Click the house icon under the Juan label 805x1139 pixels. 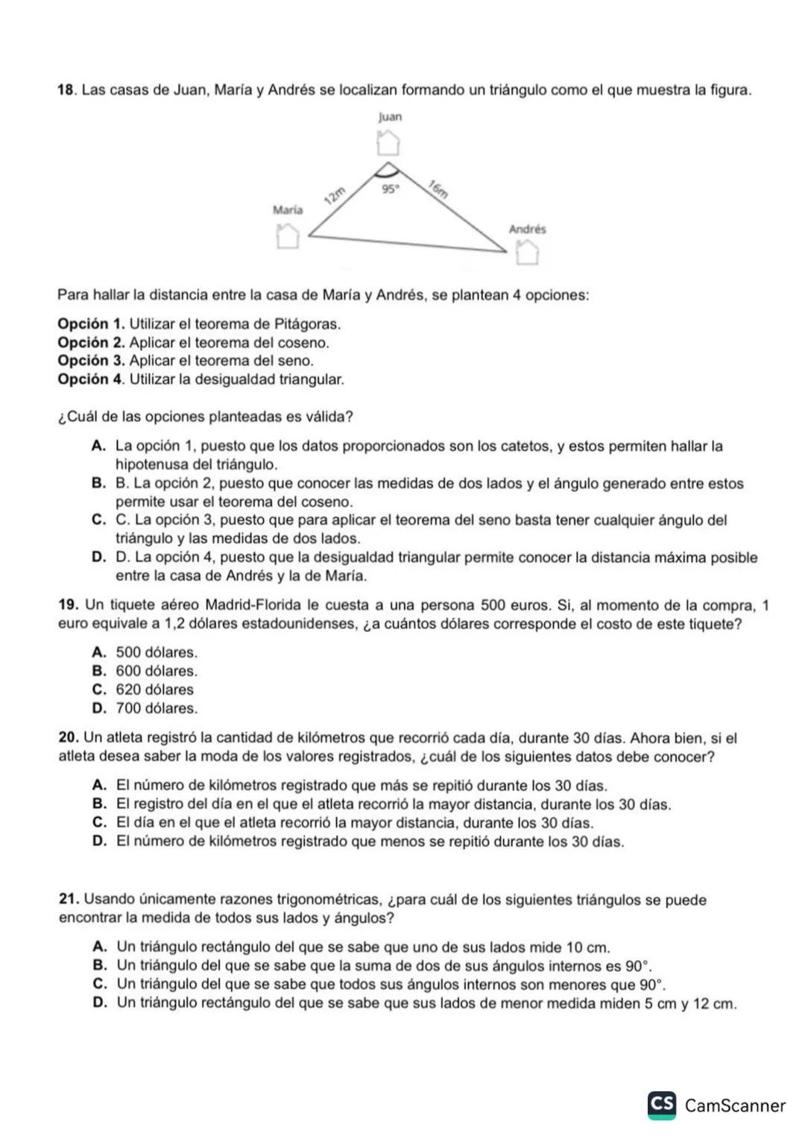pos(388,141)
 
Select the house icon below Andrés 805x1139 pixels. pos(527,253)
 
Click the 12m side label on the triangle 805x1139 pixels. pos(335,195)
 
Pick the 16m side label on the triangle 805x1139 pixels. pos(438,189)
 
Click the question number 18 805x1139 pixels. pos(66,90)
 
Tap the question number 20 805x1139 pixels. pos(68,738)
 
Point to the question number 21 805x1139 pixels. pos(68,900)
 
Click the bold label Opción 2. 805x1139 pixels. pos(90,343)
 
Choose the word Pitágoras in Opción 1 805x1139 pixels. pos(306,324)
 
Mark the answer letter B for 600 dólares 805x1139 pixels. pos(98,671)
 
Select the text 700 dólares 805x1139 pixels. pos(157,708)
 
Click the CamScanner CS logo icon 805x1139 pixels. pos(662,1104)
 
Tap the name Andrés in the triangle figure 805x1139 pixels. pos(527,229)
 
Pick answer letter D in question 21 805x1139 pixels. pos(99,1003)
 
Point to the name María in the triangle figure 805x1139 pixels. pos(288,210)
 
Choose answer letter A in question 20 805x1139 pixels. pos(99,786)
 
